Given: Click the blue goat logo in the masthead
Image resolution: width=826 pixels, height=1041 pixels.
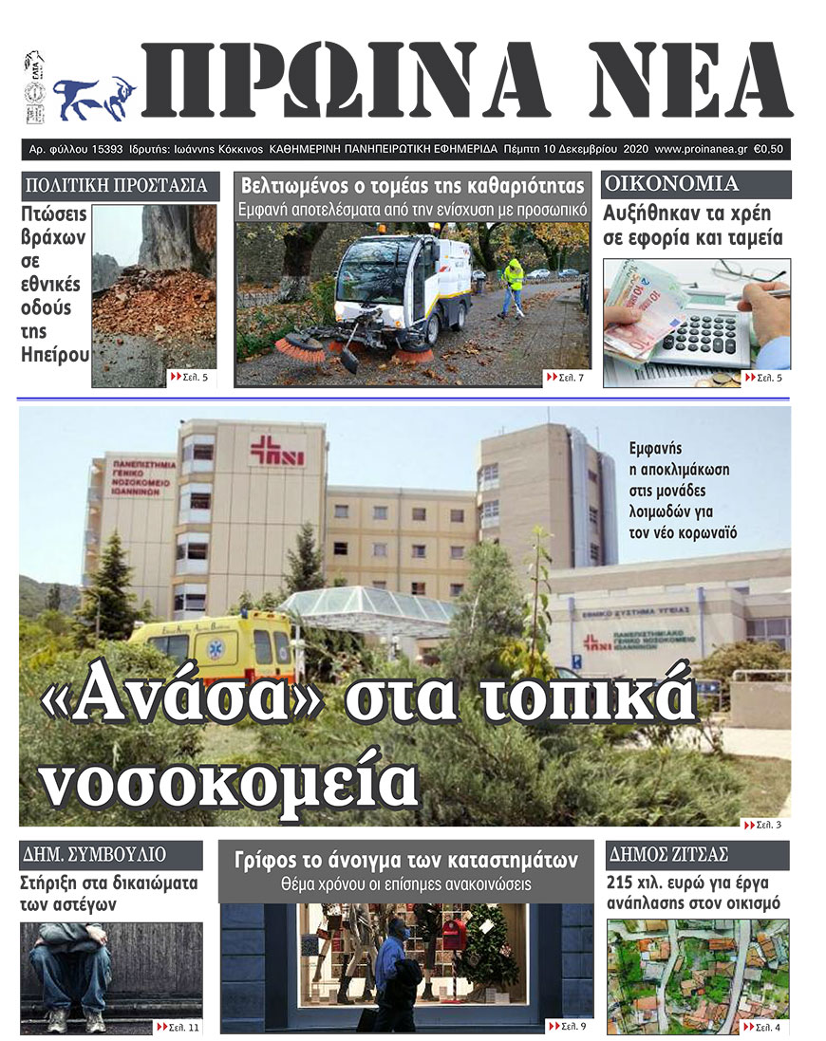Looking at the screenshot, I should (x=92, y=97).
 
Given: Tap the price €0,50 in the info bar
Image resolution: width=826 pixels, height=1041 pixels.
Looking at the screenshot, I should (x=772, y=149).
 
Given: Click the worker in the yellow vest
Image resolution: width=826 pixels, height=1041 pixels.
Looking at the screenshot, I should (x=513, y=285).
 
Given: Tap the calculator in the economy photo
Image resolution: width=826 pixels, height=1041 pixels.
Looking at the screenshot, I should (x=703, y=332).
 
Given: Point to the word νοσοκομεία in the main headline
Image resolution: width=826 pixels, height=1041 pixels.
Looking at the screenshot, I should (x=231, y=780).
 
